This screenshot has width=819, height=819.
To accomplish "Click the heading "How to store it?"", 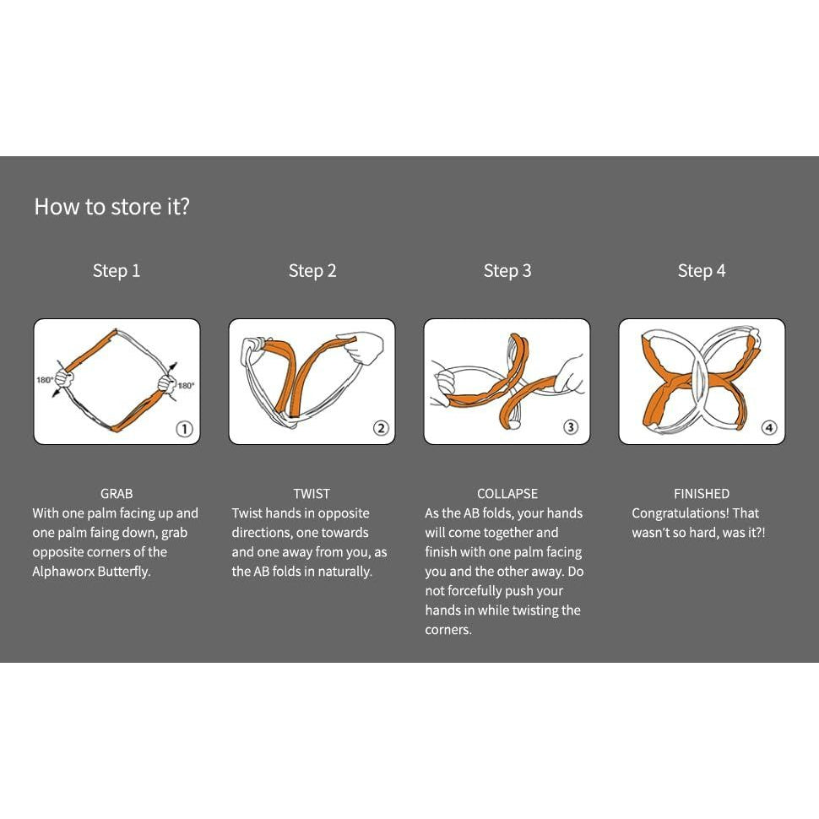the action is pos(111,207).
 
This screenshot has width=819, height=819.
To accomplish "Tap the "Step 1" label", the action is pos(117,270).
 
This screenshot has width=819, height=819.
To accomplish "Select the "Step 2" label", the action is pos(312,270).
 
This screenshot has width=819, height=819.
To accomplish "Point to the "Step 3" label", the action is pos(507,270).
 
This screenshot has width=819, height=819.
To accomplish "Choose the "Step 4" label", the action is pos(702,270).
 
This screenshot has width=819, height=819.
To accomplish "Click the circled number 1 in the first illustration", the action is pos(184,429).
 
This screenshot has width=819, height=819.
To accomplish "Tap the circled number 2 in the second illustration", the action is pos(381,428).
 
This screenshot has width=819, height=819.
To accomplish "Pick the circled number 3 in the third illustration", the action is pos(571,426).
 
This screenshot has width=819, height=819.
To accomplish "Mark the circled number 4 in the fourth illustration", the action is pos(769,428).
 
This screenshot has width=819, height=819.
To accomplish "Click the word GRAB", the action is pos(117,494).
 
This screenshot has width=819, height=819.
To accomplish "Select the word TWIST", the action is pos(312,494).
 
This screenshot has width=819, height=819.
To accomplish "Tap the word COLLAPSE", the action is pos(507,494).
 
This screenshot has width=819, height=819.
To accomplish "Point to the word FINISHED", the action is pos(702,494).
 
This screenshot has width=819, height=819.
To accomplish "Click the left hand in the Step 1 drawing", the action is pos(64,378).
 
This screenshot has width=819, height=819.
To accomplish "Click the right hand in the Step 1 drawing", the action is pos(168,384).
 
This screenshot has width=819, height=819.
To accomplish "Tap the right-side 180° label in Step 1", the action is pos(186,386).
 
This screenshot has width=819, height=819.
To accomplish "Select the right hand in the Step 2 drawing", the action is pos(361,347).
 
